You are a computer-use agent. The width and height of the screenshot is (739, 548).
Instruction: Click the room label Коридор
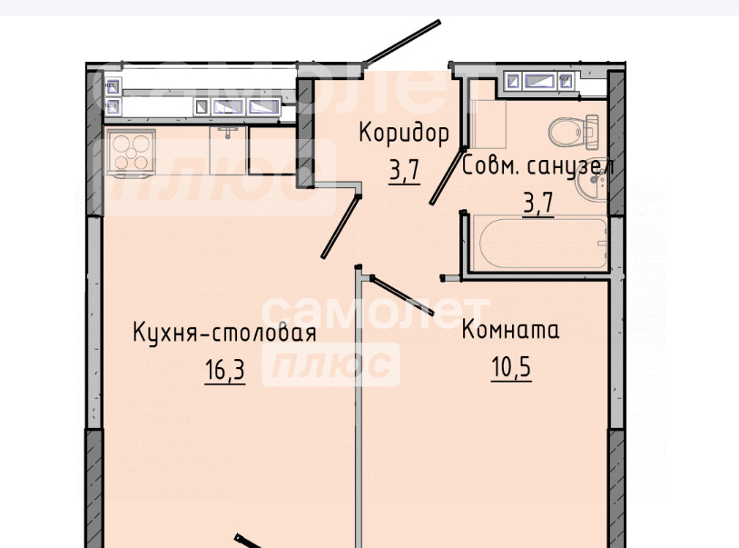[404, 134]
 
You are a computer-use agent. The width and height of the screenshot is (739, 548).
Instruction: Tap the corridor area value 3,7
[404, 170]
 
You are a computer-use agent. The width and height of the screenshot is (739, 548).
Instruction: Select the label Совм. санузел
[537, 166]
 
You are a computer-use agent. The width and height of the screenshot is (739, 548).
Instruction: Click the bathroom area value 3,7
[537, 204]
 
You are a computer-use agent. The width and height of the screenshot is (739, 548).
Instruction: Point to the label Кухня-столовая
[224, 332]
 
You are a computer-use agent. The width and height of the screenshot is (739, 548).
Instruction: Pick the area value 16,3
[225, 369]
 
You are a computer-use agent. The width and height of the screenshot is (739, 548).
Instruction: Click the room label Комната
[510, 329]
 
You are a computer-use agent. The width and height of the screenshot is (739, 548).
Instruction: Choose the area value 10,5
[511, 367]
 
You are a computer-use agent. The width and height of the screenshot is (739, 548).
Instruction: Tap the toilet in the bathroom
[573, 132]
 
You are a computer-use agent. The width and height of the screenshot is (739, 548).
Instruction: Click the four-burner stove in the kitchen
[130, 153]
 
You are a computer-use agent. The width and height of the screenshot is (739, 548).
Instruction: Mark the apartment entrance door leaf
[403, 42]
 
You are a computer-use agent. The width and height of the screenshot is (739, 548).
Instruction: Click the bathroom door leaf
[446, 176]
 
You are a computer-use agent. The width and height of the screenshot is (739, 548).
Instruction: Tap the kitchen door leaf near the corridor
[341, 225]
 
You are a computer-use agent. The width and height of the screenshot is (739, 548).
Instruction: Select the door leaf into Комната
[402, 295]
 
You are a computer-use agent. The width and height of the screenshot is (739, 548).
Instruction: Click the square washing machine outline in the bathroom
[488, 124]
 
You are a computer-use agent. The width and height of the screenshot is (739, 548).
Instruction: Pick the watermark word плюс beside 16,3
[331, 364]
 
